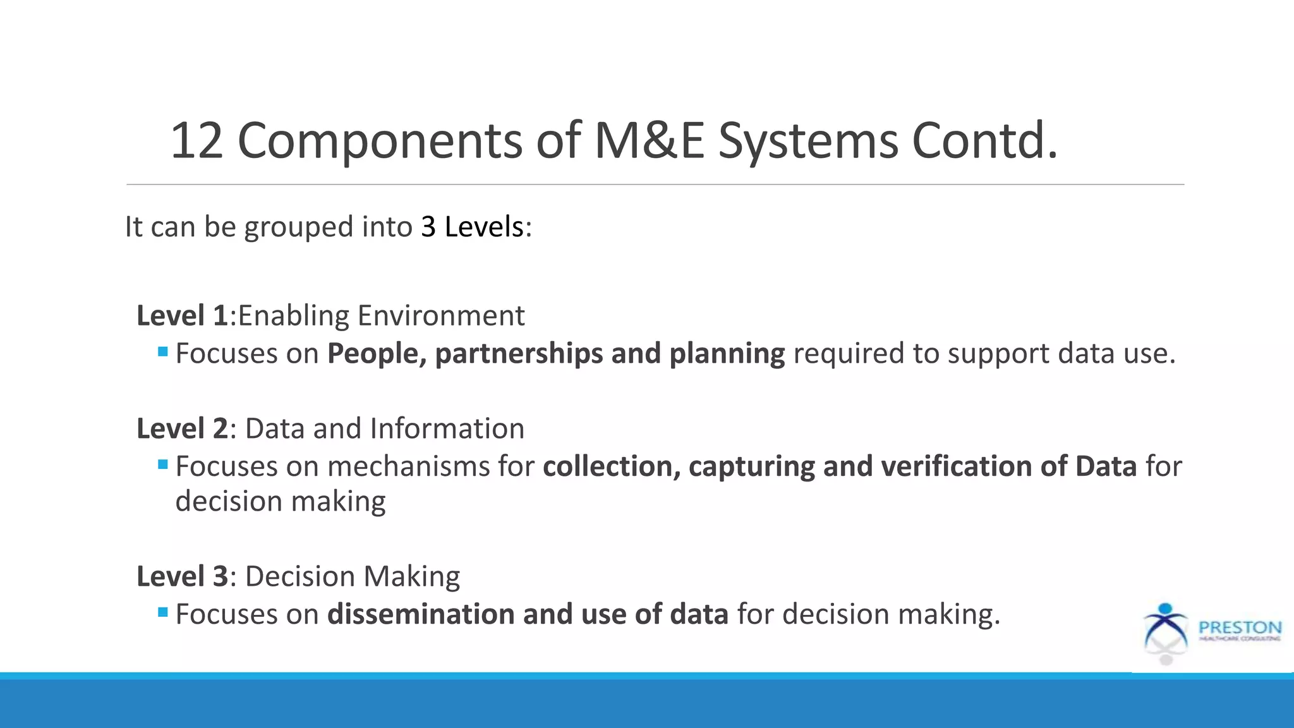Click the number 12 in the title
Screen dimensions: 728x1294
click(x=197, y=140)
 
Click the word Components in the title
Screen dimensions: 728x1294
click(x=379, y=140)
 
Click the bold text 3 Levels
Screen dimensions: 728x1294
click(x=473, y=227)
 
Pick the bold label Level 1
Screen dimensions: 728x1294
click(x=182, y=315)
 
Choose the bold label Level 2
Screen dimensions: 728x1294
click(x=182, y=428)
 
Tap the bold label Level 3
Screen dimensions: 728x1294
click(x=182, y=576)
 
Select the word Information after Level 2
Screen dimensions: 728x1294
click(x=447, y=428)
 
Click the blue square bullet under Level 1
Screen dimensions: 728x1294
click(x=163, y=351)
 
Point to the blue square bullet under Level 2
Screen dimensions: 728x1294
click(x=163, y=464)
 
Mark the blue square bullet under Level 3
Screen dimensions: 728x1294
click(x=163, y=612)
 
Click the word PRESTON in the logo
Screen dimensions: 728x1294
click(x=1240, y=628)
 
